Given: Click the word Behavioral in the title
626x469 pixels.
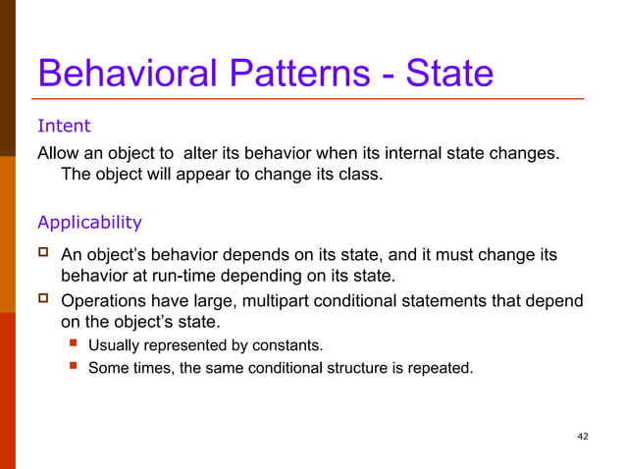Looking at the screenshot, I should tap(117, 74).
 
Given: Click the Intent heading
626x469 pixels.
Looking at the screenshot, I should tap(64, 127).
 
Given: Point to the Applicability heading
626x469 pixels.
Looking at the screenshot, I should tap(89, 222).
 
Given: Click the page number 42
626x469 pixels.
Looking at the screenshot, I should tap(583, 436).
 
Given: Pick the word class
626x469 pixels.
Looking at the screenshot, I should tap(354, 176).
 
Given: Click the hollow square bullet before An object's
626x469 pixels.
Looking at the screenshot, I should tap(44, 254).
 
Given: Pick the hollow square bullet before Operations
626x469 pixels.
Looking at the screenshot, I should tap(44, 299).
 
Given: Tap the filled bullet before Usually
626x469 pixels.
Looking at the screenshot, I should tap(73, 344).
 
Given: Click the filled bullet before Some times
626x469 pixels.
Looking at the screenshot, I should tap(73, 368).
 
